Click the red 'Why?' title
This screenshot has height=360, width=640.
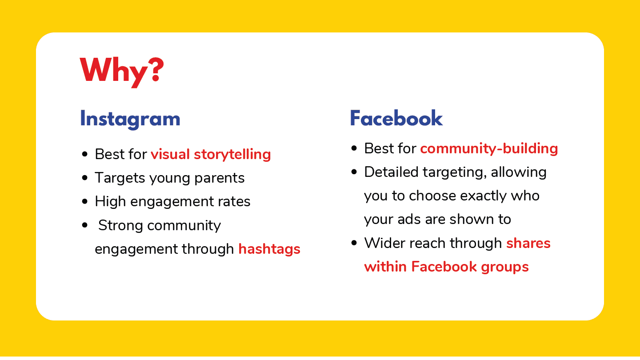tap(122, 72)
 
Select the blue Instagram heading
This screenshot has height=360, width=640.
tap(130, 119)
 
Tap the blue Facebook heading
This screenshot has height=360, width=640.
tap(396, 118)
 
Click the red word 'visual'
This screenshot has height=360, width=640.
tap(170, 154)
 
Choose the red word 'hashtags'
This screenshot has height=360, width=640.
tap(269, 249)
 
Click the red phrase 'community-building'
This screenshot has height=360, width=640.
tap(489, 149)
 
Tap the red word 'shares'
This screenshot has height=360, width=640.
tap(528, 244)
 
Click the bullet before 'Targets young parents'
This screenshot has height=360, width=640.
tap(84, 178)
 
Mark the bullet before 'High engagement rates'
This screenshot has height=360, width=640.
tap(84, 201)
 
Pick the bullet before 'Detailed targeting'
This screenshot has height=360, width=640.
tap(354, 172)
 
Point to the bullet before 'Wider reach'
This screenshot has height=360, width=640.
tap(354, 243)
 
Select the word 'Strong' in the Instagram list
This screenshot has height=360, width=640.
tap(120, 226)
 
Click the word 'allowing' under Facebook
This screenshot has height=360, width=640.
tap(519, 172)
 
